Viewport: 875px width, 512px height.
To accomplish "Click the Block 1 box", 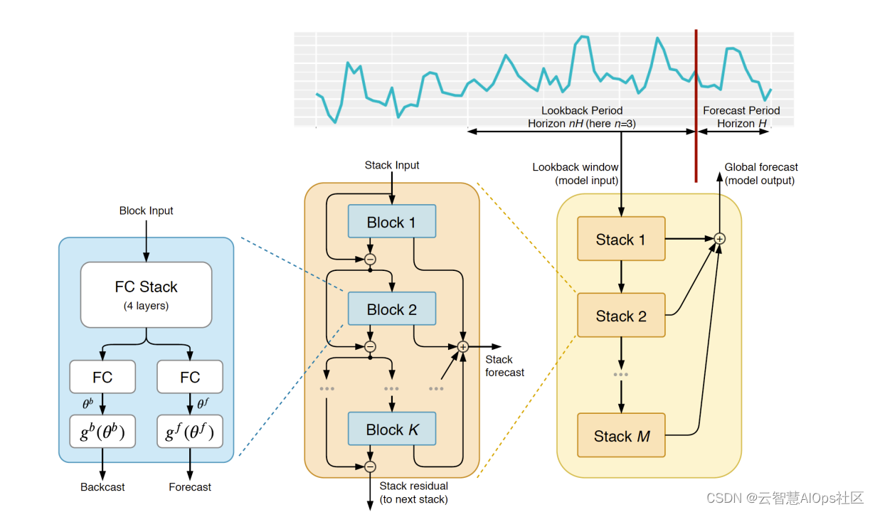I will tap(391, 222).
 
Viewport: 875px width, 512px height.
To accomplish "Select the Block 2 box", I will tap(391, 309).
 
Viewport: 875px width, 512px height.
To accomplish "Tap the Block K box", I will tap(391, 430).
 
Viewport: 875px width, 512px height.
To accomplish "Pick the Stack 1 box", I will tap(621, 240).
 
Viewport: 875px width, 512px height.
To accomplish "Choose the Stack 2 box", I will tap(621, 316).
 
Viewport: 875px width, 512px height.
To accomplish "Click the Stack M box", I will tap(621, 436).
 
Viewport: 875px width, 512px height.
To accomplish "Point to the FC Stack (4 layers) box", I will tap(147, 294).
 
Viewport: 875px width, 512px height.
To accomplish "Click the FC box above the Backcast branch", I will tap(102, 377).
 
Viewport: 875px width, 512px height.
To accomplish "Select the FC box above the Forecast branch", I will tap(190, 377).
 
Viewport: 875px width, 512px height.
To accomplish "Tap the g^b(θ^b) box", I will tap(102, 431).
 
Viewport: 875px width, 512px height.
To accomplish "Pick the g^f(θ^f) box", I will tap(190, 431).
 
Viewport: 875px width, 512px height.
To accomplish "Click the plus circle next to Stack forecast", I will tap(462, 346).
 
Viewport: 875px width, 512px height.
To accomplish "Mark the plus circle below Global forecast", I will tap(719, 239).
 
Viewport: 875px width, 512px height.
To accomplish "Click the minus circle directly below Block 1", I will tap(370, 260).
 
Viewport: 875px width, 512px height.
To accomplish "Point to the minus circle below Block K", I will tap(370, 466).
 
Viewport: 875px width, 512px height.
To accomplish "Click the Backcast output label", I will tap(102, 487).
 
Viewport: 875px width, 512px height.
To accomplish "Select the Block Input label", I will tap(147, 210).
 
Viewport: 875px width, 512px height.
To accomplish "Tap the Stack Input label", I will tap(392, 165).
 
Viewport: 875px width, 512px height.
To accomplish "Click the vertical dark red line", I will tap(696, 107).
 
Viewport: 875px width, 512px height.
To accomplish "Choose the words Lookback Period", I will tap(582, 110).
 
